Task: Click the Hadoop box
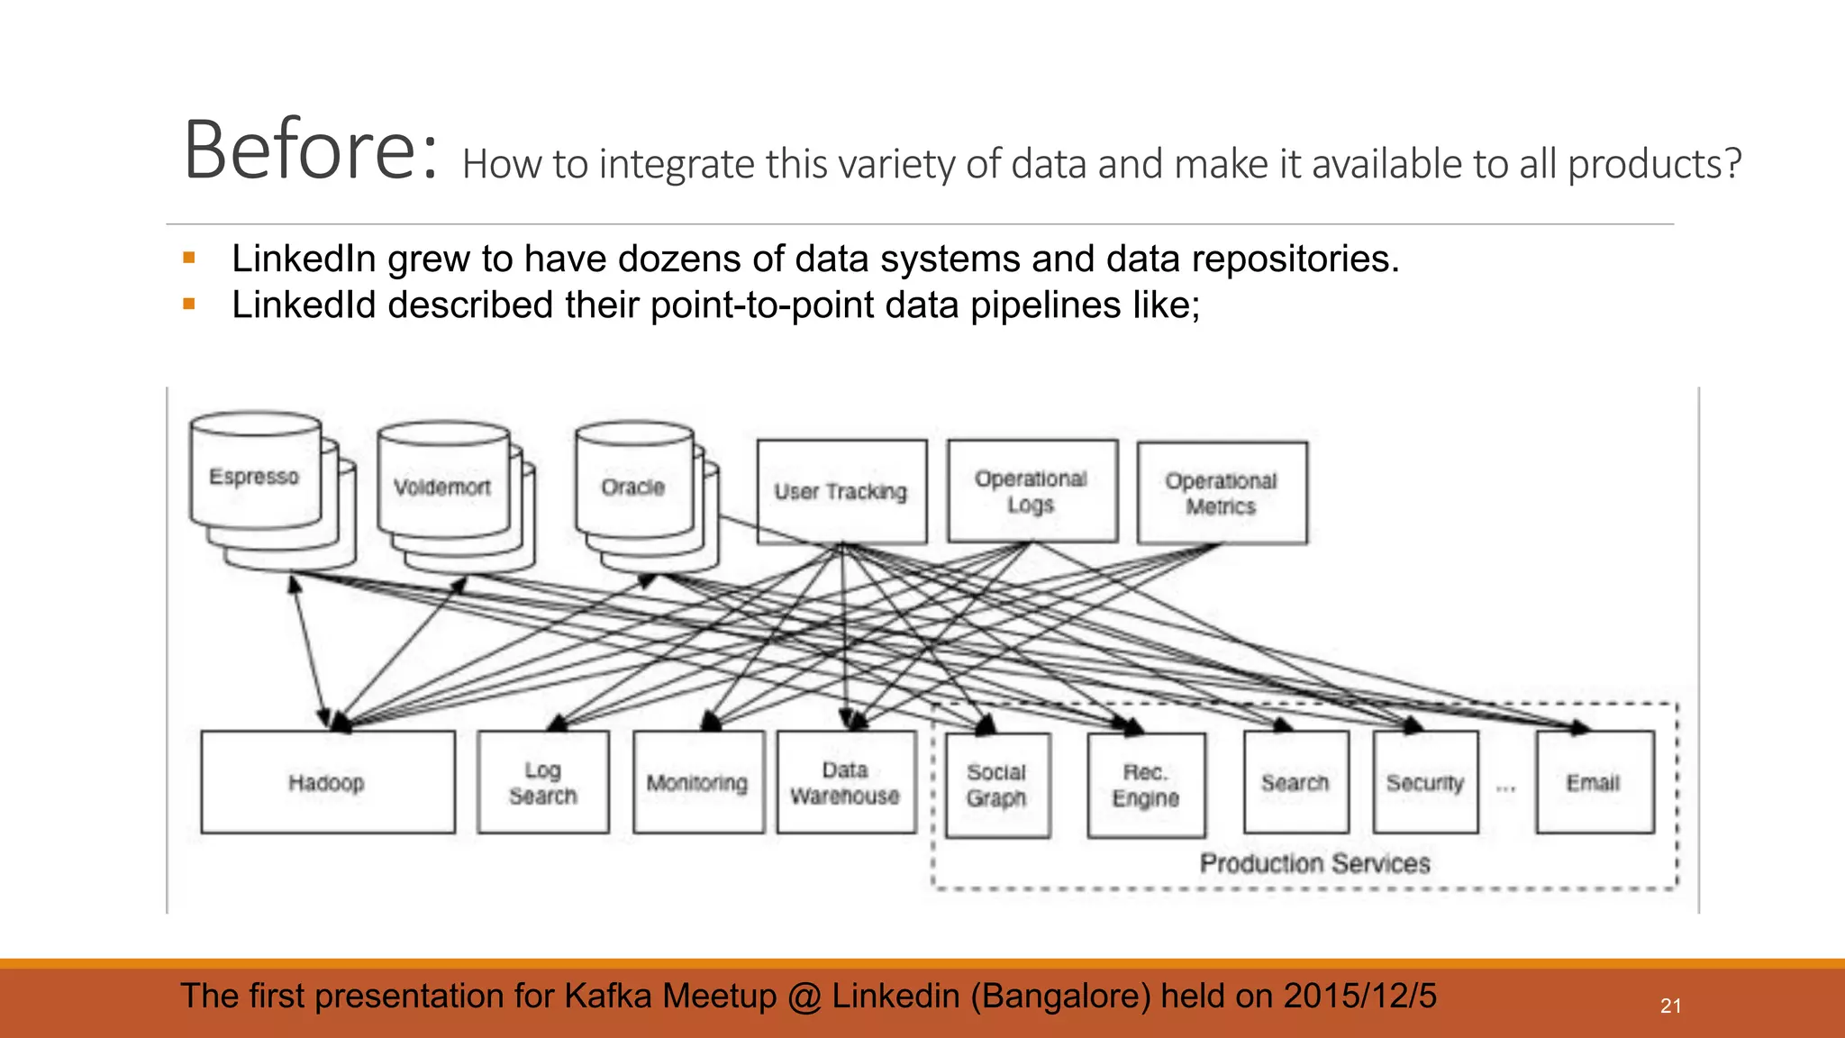coord(327,782)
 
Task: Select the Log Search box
coord(543,782)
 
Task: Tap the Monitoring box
coord(698,782)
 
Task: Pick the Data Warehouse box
coord(846,782)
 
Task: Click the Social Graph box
coord(997,785)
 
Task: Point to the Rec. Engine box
coord(1146,785)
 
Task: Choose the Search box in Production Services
coord(1295,782)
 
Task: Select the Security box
coord(1425,782)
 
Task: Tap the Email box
coord(1594,782)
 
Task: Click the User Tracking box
coord(841,492)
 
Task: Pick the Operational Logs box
coord(1032,491)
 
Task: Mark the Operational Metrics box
coord(1222,493)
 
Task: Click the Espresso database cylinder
coord(256,476)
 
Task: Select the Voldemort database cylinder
coord(443,487)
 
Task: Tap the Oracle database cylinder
coord(633,487)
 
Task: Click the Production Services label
coord(1314,863)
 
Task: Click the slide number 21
coord(1670,1006)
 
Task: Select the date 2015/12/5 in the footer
coord(1359,996)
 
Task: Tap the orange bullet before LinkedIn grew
coord(189,259)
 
